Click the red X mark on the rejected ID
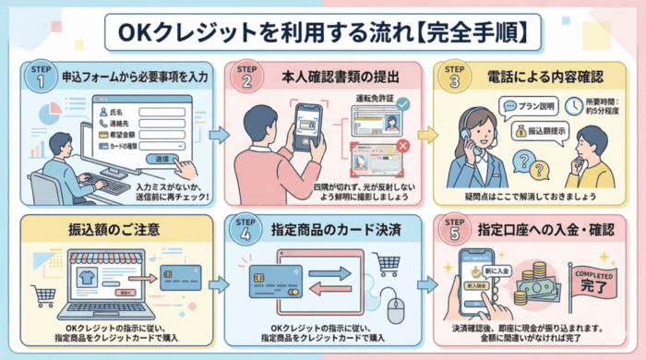[x=402, y=146]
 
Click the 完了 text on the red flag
[x=592, y=287]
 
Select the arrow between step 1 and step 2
[x=218, y=135]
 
